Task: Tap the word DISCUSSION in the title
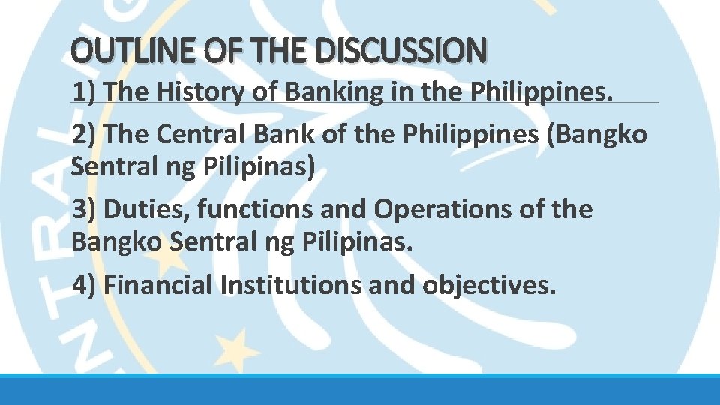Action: (x=402, y=52)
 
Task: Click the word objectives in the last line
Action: (x=489, y=284)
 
